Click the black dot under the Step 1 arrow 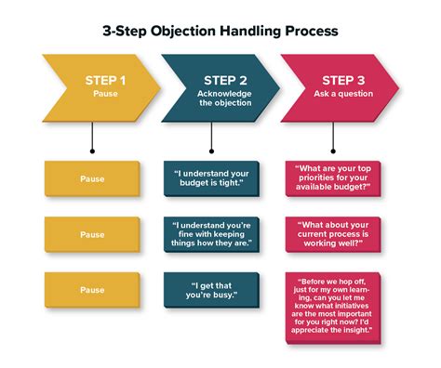pos(93,150)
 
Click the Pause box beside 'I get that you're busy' pos(93,289)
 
